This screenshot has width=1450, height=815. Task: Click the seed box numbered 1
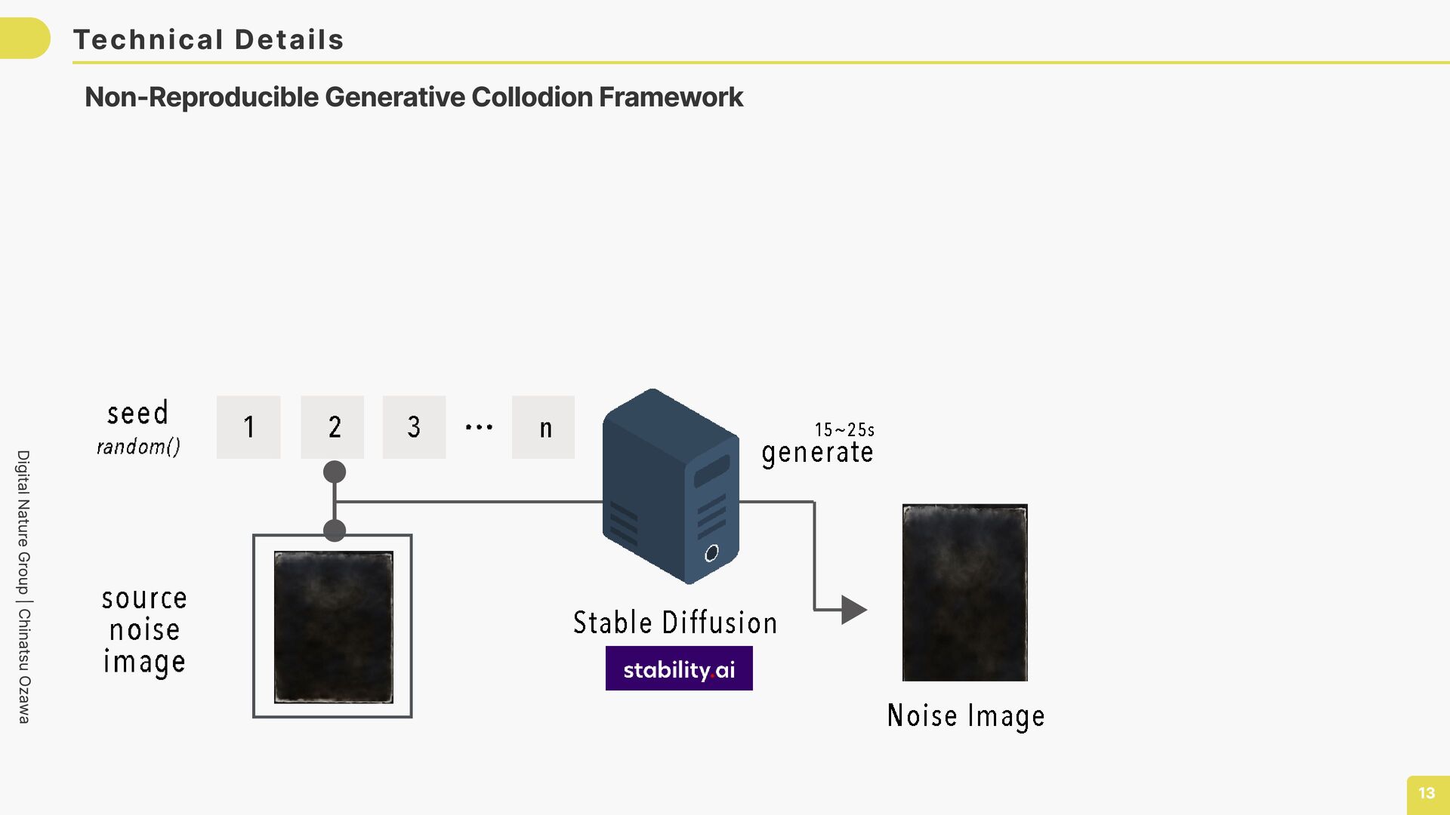coord(248,427)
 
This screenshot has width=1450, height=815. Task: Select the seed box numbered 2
coord(332,427)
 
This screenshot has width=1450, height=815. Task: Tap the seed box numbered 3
coord(414,427)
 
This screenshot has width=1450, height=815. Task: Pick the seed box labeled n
coord(543,427)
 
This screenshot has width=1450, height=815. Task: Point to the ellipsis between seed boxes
coord(479,427)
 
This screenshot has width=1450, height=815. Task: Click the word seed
coord(137,414)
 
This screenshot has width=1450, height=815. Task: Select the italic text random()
coord(138,447)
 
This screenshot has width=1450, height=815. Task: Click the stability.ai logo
coord(679,669)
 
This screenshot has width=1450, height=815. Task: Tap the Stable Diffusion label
coord(675,623)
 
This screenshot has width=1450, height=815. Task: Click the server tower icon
coord(670,487)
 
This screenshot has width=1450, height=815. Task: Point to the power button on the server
coord(711,554)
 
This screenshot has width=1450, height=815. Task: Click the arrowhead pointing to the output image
coord(854,610)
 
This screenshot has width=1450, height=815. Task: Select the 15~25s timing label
coord(844,430)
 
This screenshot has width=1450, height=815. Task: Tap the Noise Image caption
coord(966,715)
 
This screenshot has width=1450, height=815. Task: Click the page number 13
coord(1427,793)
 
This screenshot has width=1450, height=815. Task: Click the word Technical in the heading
coord(148,40)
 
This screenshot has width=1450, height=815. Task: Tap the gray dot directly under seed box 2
coord(335,472)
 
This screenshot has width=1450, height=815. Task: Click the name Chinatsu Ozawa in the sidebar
coord(24,666)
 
